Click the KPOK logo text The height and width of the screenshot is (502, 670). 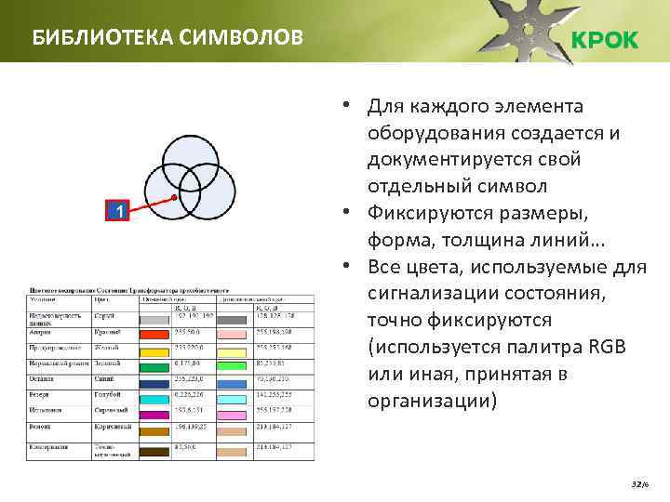603,40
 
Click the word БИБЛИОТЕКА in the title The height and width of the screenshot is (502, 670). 88,38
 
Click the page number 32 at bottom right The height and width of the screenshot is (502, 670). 636,485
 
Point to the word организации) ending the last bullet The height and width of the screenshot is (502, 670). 433,402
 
